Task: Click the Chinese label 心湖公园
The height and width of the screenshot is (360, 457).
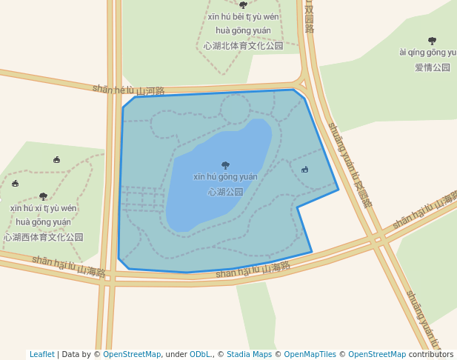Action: coord(225,192)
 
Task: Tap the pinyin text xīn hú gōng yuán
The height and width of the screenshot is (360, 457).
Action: coord(225,177)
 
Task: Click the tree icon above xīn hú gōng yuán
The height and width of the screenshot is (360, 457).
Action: coord(225,165)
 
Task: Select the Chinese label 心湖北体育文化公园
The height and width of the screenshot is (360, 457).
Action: coord(243,45)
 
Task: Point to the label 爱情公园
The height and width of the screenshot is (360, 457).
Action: coord(432,67)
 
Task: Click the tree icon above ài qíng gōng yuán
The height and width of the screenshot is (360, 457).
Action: coord(432,41)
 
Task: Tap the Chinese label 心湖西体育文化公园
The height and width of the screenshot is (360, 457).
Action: coord(44,237)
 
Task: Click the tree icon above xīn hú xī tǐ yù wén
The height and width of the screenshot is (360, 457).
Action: coord(43,196)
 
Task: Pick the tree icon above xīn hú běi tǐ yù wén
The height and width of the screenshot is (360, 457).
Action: coord(243,5)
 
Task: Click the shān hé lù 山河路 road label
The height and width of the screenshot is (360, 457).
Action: coord(128,90)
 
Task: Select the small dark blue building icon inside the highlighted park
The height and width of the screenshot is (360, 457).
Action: coord(304,170)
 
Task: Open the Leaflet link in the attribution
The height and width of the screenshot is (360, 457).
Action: coord(41,355)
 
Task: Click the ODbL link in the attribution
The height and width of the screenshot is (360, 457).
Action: coord(200,355)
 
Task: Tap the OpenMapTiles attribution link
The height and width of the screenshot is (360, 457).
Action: coord(310,355)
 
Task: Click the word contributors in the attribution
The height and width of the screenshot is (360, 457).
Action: coord(431,355)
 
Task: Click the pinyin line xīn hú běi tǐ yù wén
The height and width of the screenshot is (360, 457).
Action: coord(243,17)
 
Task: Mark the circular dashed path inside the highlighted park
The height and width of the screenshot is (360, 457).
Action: coord(235,108)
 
